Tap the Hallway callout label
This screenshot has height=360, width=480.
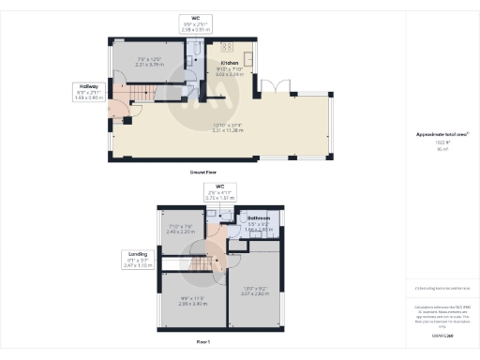coord(89,85)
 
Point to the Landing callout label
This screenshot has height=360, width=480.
coord(137,254)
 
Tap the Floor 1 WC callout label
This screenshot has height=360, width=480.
coord(217,187)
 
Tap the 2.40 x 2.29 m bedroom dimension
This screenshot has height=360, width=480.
coord(180,231)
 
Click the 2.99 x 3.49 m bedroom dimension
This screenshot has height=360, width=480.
coord(192,304)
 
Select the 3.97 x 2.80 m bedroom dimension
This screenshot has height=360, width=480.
coord(255,293)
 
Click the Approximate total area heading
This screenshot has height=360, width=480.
coord(436,134)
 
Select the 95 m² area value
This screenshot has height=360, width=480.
coord(435,149)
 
